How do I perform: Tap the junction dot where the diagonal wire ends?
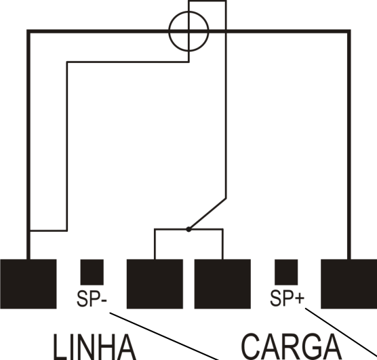coord(188,229)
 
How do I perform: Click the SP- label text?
coord(92,298)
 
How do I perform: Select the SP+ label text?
coord(287,298)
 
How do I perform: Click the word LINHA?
coord(94,346)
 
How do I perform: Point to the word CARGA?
coord(291,346)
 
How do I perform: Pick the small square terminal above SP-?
coord(92,273)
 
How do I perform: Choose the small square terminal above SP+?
coord(286,273)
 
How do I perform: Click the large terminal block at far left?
coord(28,284)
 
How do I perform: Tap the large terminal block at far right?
coord(349,284)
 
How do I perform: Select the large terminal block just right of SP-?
coord(155,284)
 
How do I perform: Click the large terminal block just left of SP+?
coord(222,284)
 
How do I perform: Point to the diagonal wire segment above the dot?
coord(207,214)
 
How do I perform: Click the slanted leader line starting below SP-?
coord(164,336)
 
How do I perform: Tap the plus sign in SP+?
coord(300,299)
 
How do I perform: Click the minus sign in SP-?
coord(104,301)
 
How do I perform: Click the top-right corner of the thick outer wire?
coord(349,31)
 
